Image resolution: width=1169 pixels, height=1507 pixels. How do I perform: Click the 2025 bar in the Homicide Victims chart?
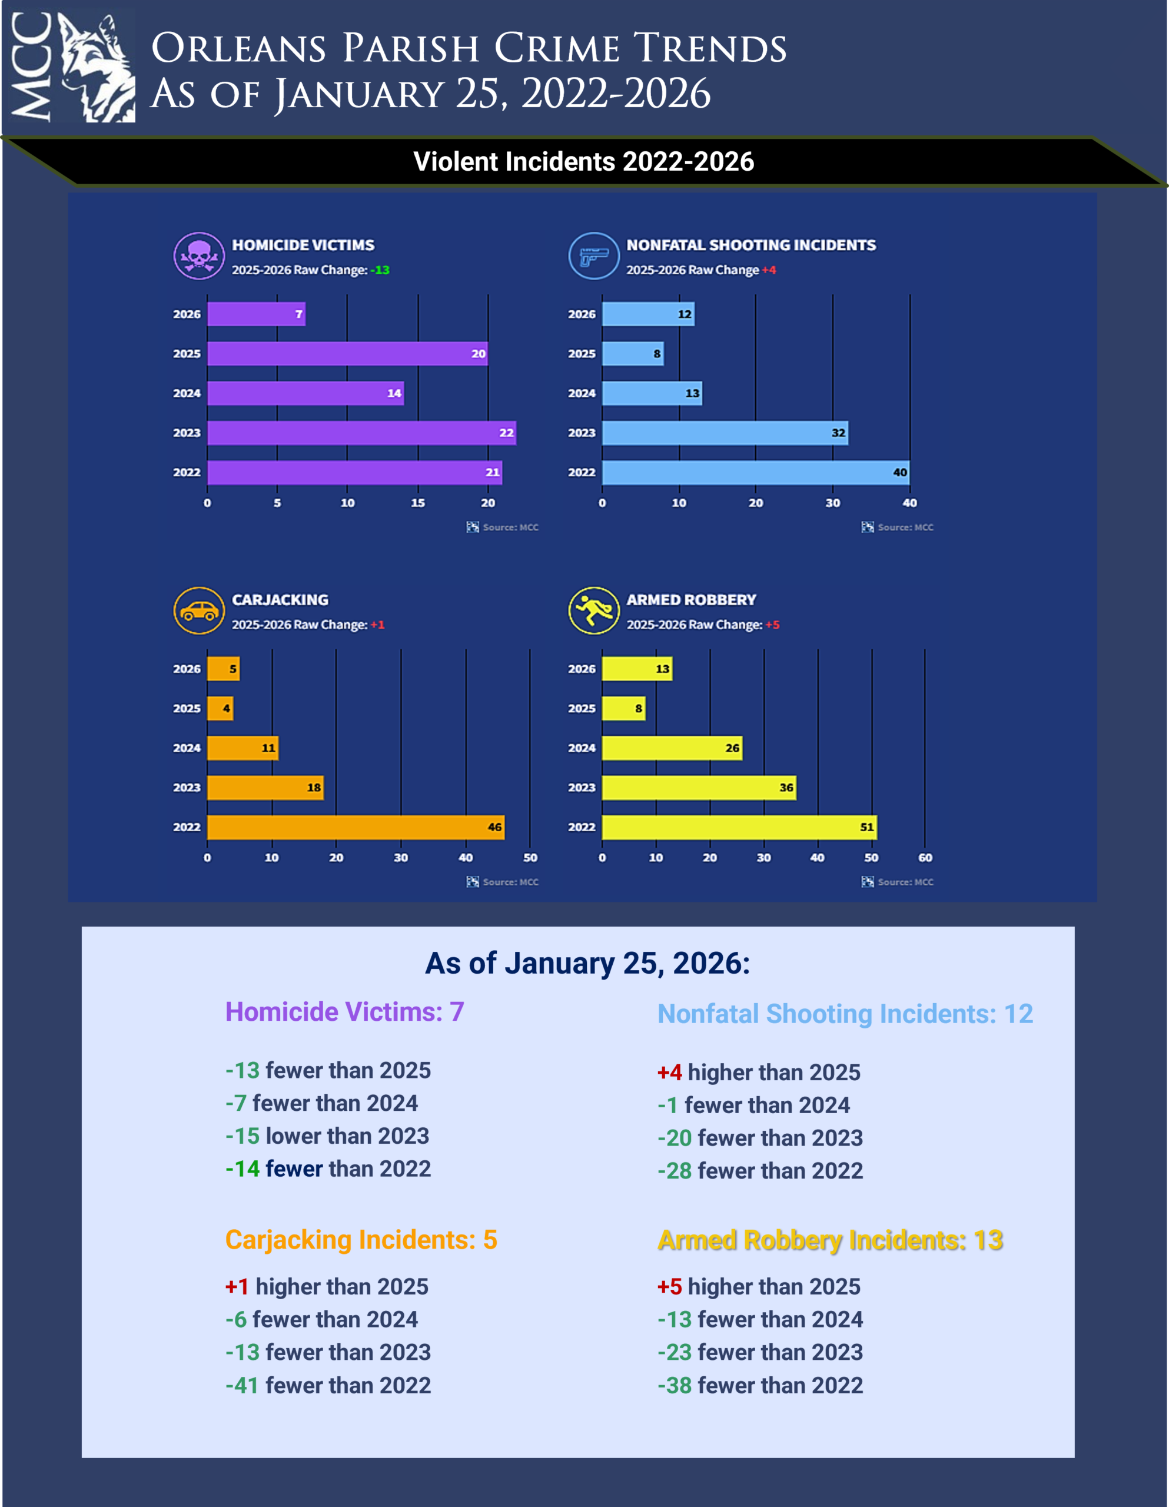tap(347, 353)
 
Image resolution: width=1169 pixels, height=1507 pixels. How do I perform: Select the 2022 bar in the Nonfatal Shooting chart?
tap(756, 473)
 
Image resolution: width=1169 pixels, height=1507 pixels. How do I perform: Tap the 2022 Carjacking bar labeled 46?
tap(356, 827)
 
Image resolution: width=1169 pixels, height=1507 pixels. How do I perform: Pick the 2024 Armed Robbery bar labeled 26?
tap(672, 748)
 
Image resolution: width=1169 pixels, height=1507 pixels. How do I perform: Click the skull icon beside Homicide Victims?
tap(199, 256)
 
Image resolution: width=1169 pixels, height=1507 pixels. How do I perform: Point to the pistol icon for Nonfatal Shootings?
tap(593, 256)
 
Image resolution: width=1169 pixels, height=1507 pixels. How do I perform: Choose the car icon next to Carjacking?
tap(199, 610)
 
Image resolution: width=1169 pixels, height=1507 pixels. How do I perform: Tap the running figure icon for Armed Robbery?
tap(593, 610)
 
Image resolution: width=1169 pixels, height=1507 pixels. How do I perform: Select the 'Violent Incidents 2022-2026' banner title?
tap(584, 161)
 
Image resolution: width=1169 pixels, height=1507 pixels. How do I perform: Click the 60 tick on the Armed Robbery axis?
tap(925, 858)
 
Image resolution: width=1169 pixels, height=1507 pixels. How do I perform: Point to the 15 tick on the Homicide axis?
tap(417, 503)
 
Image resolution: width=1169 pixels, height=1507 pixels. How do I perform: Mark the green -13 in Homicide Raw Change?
tap(380, 270)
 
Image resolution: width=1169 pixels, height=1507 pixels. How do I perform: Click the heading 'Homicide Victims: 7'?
tap(344, 1011)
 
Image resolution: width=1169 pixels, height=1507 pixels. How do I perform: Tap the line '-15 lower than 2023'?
tap(327, 1136)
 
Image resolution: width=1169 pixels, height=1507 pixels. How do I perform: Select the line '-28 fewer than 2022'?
tap(760, 1171)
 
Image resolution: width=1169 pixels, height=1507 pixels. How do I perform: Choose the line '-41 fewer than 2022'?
tap(328, 1385)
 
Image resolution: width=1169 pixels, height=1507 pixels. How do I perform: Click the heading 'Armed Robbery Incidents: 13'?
tap(830, 1240)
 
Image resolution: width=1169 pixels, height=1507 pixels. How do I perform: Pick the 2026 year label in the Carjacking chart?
tap(187, 669)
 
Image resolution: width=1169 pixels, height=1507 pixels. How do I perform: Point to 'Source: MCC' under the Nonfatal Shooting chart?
tap(898, 527)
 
